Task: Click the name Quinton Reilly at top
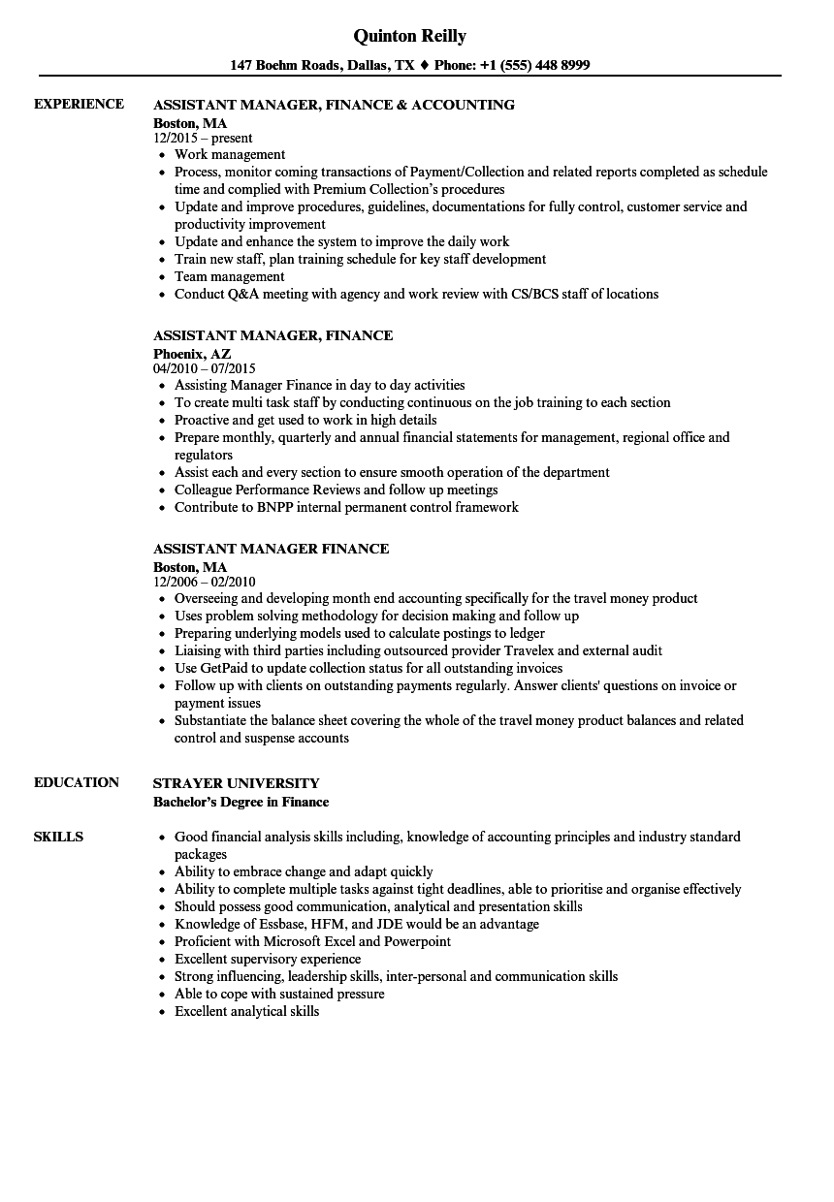(x=409, y=36)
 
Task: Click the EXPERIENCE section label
(x=79, y=104)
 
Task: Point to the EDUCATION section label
(x=77, y=782)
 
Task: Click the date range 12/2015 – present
(x=203, y=138)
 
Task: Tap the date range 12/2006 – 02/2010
(x=204, y=582)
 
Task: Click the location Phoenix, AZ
(x=192, y=354)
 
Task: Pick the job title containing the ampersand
(x=334, y=105)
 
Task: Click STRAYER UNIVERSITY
(x=236, y=783)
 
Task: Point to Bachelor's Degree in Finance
(x=241, y=802)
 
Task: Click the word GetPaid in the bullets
(x=226, y=668)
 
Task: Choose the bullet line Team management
(x=229, y=276)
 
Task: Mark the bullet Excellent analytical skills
(x=246, y=1011)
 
